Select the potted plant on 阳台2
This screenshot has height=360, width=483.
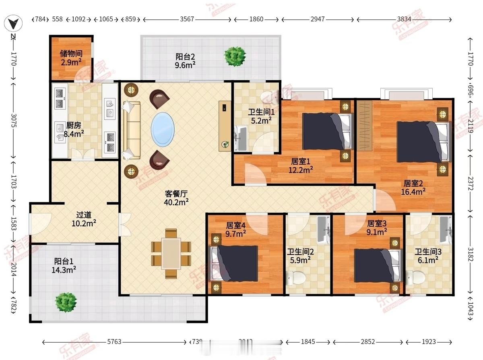pos(235,56)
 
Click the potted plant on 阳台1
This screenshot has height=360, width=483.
pos(66,302)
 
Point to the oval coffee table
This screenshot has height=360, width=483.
pos(163,129)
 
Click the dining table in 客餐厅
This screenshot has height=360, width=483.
pos(171,254)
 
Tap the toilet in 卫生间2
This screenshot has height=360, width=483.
pos(294,278)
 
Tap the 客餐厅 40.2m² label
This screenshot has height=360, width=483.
pos(177,198)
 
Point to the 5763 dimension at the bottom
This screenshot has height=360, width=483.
pos(114,342)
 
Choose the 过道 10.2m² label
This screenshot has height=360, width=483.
pos(86,218)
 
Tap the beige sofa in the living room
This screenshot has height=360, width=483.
pos(132,130)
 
